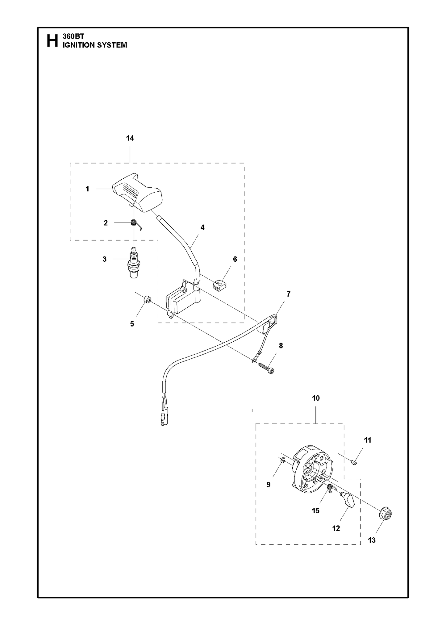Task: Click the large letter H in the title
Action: tap(52, 41)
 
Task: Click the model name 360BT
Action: tap(71, 36)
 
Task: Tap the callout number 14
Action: tap(130, 138)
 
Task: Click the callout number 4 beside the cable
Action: tap(202, 227)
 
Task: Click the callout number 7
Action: tap(288, 294)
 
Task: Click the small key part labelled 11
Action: tap(354, 462)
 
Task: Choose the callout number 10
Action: tap(316, 398)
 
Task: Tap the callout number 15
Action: tap(315, 511)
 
